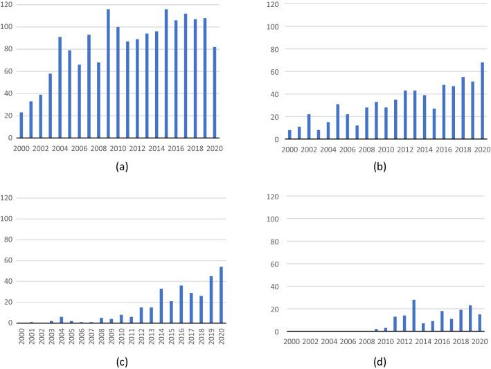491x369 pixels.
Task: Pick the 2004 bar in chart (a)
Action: (x=60, y=87)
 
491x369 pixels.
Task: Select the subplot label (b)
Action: (x=380, y=167)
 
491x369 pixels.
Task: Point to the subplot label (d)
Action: (x=380, y=361)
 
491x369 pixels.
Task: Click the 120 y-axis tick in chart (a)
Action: (x=8, y=5)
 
